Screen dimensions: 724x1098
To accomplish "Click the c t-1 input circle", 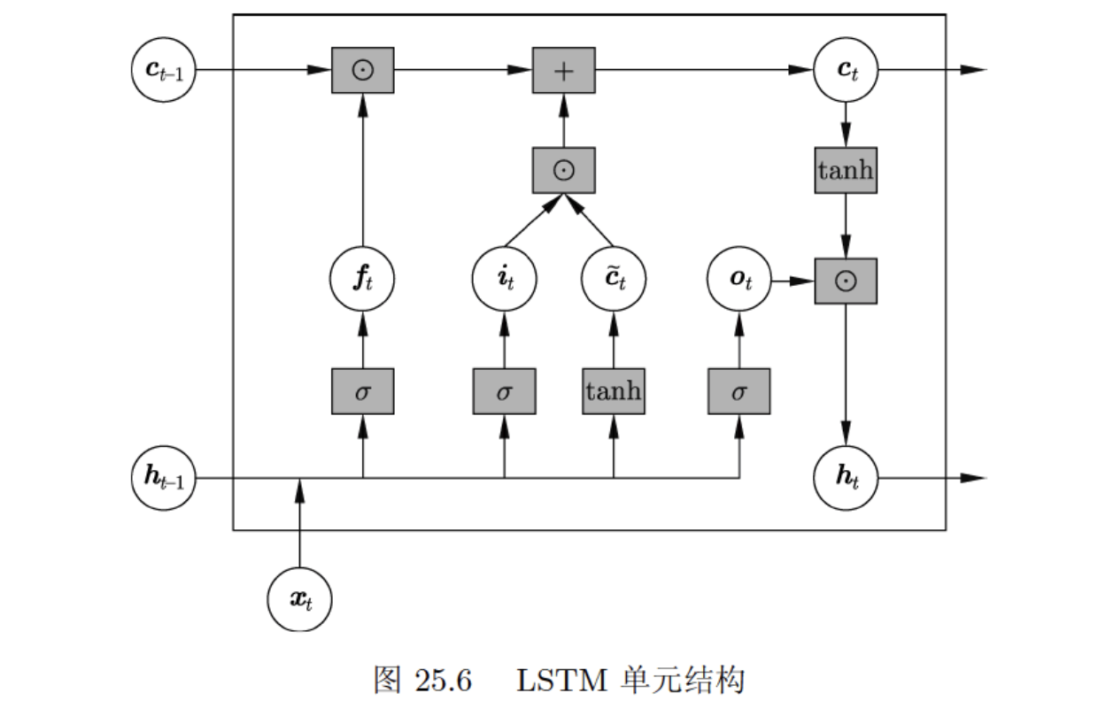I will point(163,70).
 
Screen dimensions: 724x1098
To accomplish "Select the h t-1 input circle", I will point(163,479).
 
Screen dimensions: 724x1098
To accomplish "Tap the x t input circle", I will point(299,599).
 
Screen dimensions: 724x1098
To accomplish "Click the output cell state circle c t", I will point(846,70).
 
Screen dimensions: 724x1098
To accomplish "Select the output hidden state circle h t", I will point(846,479).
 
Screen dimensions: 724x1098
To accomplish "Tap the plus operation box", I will point(563,70).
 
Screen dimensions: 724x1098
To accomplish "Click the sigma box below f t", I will point(362,391).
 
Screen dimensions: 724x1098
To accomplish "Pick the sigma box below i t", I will point(504,391).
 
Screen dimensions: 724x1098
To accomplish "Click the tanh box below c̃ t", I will point(614,391).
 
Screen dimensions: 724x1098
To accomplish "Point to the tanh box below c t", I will point(846,171).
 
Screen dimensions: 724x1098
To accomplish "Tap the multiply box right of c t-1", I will point(362,70).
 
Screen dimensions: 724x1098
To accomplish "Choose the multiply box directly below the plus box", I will point(563,171).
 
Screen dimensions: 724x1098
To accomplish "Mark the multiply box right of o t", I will point(846,281).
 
